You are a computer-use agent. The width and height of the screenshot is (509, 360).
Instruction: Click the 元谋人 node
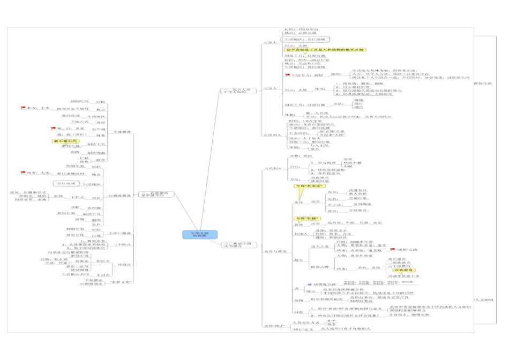pos(271,42)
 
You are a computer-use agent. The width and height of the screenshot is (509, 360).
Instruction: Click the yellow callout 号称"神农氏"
pos(305,186)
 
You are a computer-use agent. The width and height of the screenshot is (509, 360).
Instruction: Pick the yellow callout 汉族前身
pos(399,270)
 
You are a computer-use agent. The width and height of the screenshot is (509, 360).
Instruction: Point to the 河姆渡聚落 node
pos(120,196)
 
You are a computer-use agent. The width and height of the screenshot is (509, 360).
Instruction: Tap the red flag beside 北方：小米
pos(23,108)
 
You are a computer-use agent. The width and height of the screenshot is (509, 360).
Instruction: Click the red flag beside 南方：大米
pos(23,172)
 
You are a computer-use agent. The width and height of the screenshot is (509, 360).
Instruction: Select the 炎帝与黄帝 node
pos(275,250)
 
